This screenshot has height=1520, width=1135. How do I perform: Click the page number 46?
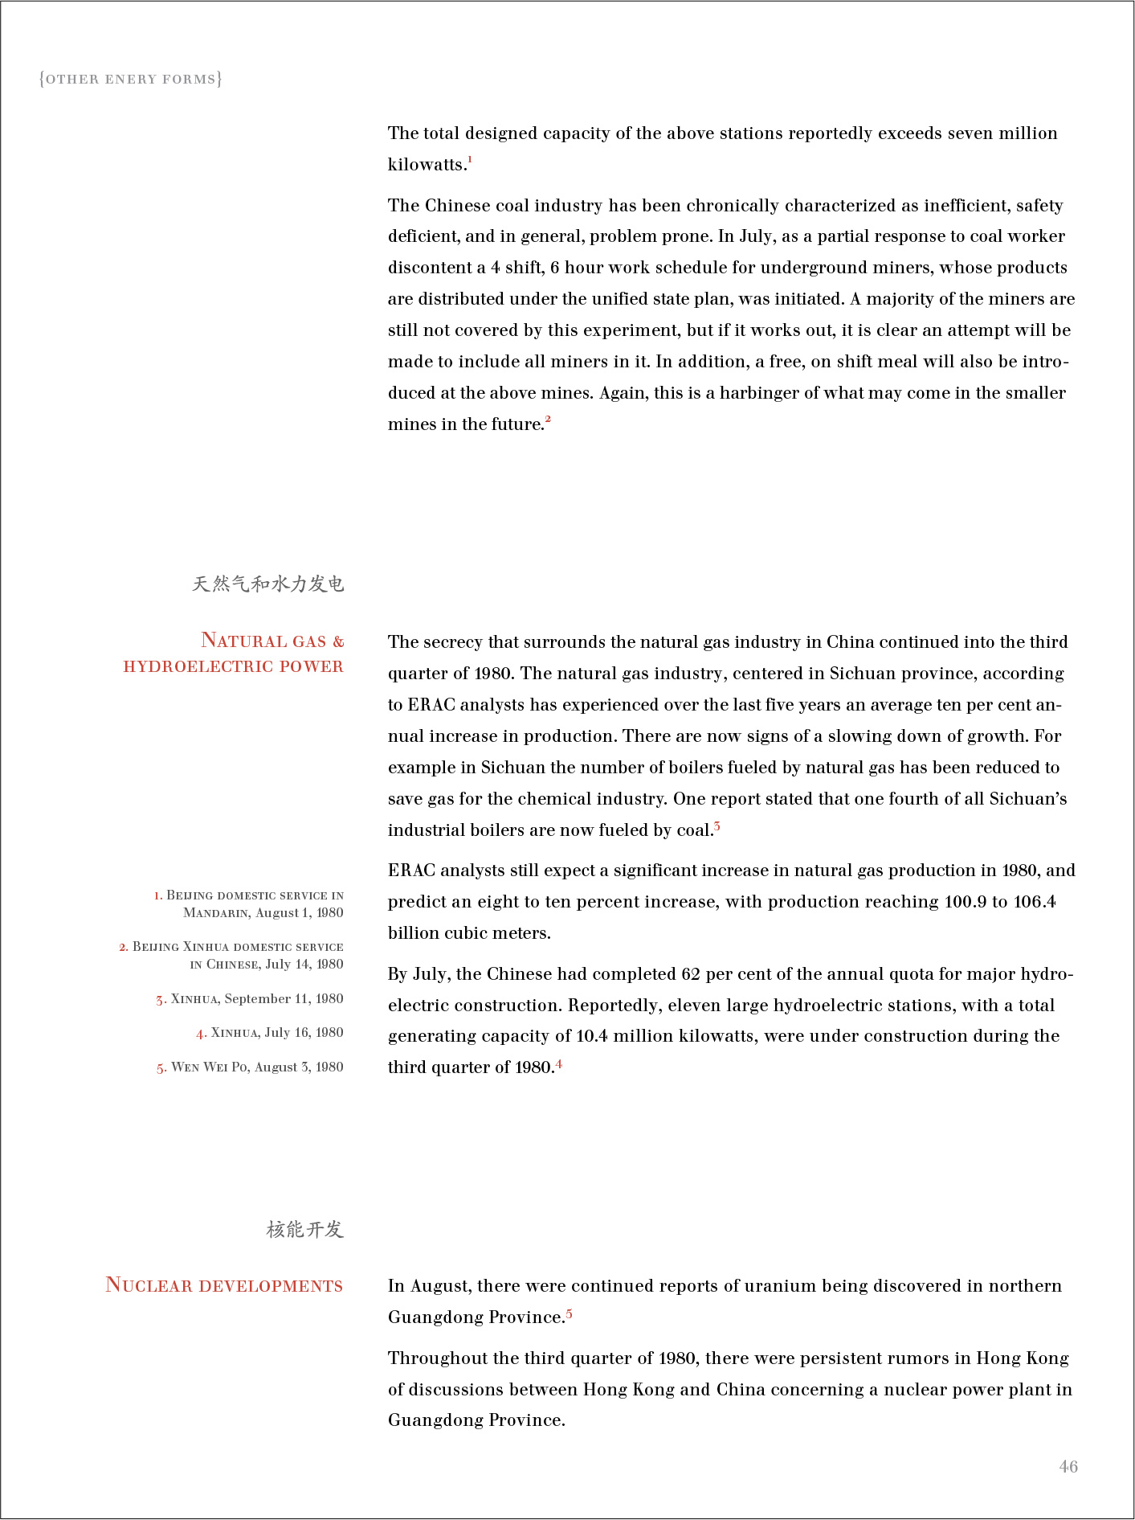click(x=1068, y=1466)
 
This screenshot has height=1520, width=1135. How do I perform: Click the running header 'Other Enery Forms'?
click(x=130, y=79)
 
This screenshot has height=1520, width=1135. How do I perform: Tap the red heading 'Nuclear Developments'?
click(x=224, y=1285)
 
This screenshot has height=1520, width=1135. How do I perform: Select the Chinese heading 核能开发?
click(x=304, y=1229)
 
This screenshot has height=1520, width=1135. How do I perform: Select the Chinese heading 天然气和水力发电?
click(x=267, y=584)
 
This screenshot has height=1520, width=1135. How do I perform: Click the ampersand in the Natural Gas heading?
click(x=338, y=641)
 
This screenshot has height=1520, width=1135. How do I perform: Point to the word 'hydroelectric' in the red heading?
click(x=198, y=666)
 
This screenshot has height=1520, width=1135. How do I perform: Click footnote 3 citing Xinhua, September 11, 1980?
click(x=250, y=999)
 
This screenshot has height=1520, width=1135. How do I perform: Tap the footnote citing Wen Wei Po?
click(x=250, y=1067)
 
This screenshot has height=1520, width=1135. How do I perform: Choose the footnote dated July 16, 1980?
click(x=270, y=1033)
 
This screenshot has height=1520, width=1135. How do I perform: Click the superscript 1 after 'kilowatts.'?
click(x=470, y=160)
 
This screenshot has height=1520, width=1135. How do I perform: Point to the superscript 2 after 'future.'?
click(x=548, y=419)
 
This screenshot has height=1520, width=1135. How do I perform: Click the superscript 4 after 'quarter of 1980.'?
click(x=559, y=1063)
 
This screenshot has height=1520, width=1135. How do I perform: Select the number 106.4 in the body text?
click(x=1035, y=902)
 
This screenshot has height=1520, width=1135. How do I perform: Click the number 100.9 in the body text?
click(x=966, y=902)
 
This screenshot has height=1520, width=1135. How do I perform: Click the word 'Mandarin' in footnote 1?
click(x=216, y=913)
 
